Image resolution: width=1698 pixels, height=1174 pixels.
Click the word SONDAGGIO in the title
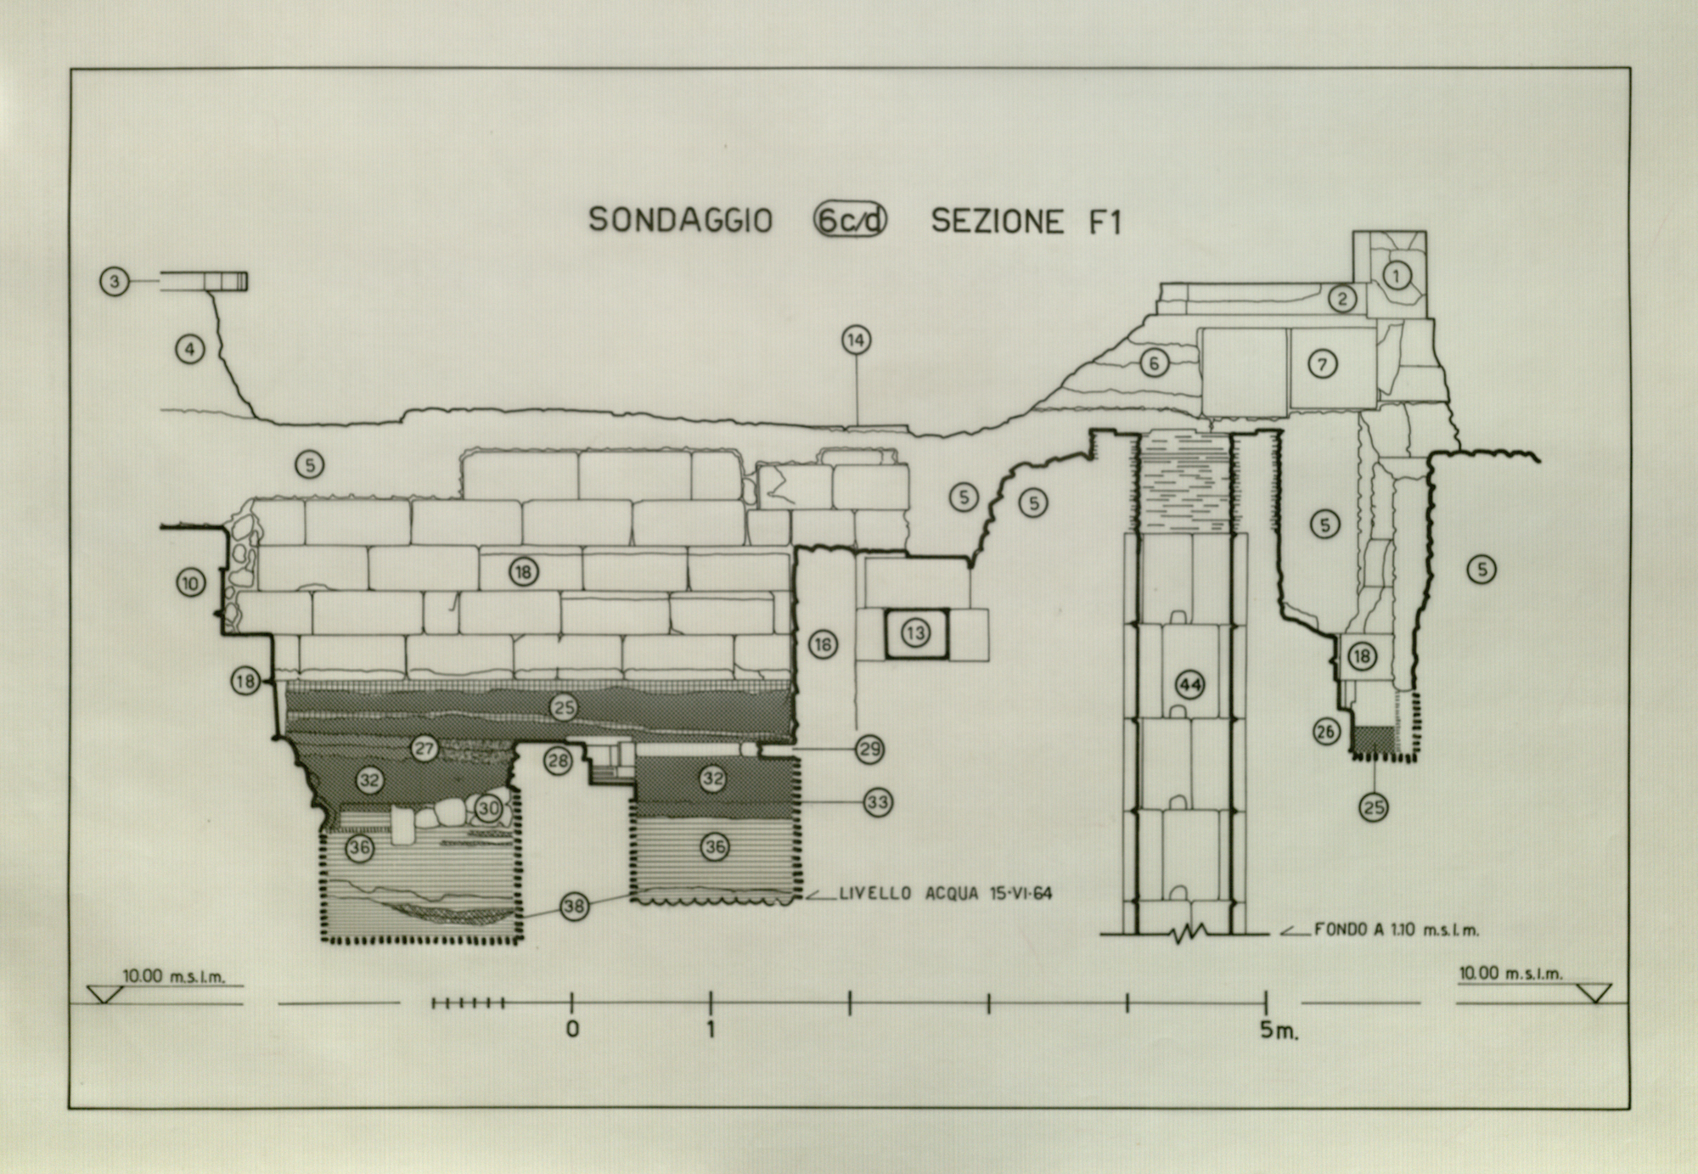point(680,221)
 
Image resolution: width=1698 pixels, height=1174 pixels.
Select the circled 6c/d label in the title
point(850,221)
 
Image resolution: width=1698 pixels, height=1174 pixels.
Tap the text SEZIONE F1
point(1026,222)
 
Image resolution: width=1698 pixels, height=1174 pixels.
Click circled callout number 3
point(115,281)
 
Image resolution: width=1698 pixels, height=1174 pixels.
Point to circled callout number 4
point(190,348)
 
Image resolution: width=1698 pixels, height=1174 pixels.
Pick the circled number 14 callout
point(856,340)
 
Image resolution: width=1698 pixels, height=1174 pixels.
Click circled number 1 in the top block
point(1397,274)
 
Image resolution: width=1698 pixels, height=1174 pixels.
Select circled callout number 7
point(1322,364)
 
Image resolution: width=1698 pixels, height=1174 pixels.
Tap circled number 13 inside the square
point(915,633)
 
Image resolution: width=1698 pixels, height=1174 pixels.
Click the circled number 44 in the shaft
point(1189,684)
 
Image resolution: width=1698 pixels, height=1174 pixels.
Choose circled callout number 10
point(191,582)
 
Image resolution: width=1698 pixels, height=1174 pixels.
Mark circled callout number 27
point(424,749)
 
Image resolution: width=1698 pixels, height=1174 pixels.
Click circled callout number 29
point(869,750)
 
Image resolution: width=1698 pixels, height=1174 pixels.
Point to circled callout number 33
point(877,802)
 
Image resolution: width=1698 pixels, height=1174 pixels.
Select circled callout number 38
point(575,907)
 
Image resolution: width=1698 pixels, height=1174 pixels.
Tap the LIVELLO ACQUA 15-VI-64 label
point(945,893)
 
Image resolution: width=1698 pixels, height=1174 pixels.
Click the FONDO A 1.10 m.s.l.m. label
point(1397,930)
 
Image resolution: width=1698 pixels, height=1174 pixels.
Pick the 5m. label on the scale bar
point(1279,1031)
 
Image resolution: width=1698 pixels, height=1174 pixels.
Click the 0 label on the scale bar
point(573,1030)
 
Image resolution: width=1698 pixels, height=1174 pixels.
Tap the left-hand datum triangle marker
point(103,994)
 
